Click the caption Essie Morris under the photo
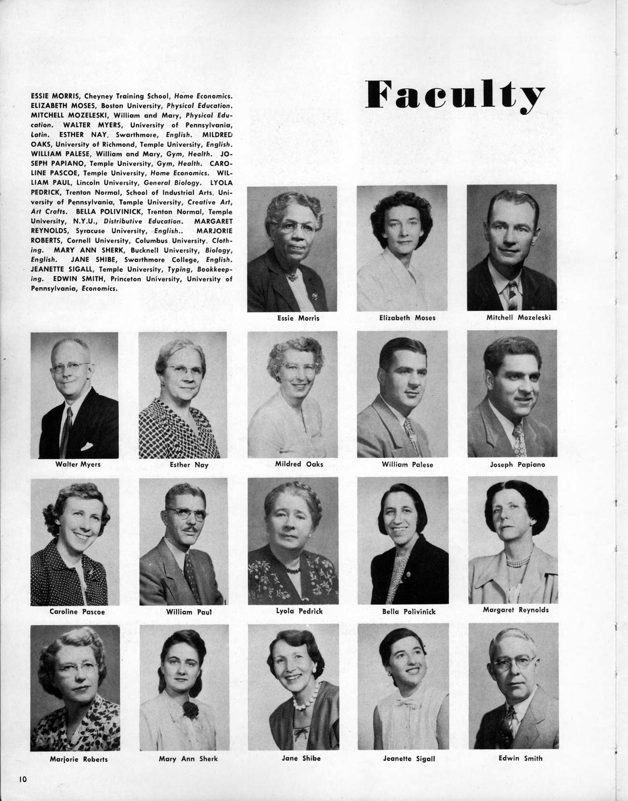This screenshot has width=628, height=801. tap(298, 318)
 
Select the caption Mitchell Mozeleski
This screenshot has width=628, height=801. tap(518, 318)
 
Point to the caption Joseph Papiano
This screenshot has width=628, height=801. tap(517, 465)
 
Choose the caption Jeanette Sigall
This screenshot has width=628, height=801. tap(409, 758)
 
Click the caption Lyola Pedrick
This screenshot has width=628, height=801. tap(299, 611)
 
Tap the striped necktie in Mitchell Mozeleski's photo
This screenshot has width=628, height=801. tap(512, 295)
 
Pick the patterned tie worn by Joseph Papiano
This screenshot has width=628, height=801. tap(519, 440)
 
